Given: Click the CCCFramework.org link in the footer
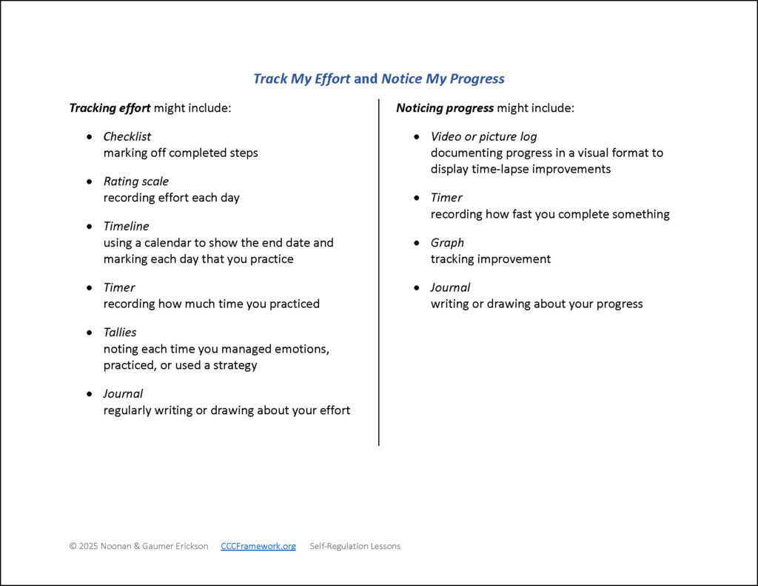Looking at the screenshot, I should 258,546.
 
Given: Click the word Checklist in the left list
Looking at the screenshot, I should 127,136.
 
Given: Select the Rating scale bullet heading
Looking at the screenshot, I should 135,182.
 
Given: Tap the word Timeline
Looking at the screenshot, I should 126,226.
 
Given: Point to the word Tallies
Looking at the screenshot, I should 120,332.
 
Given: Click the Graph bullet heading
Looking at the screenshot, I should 447,242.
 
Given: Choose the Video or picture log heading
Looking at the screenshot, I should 483,136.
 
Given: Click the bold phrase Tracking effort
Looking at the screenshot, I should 110,108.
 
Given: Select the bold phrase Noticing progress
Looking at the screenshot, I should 444,108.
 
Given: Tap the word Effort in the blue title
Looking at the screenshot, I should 332,79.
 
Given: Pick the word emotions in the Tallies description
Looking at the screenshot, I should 298,348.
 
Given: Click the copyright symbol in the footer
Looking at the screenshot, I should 73,546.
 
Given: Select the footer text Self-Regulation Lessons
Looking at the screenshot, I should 355,546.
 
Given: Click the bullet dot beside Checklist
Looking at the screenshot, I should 90,137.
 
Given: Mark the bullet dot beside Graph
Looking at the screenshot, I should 417,243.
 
